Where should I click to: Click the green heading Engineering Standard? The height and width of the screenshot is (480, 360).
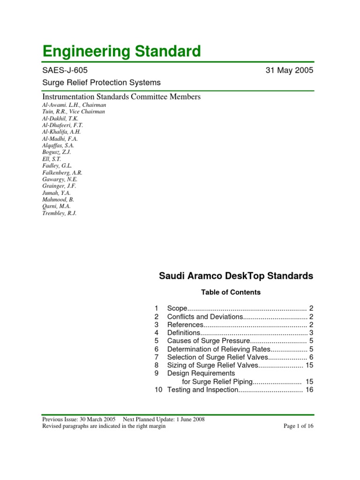121,51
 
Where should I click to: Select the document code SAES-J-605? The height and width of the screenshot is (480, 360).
65,71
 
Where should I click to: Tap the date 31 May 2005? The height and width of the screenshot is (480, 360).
289,71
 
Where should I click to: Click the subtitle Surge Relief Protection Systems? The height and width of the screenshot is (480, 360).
101,82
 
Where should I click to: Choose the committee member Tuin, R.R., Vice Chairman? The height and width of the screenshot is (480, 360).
74,112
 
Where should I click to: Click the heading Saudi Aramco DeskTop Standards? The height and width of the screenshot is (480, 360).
236,276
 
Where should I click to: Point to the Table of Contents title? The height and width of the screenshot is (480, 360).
231,292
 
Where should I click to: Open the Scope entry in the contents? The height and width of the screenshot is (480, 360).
178,308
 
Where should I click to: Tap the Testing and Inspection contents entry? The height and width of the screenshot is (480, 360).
203,390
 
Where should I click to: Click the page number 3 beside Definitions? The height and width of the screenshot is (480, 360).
311,332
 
